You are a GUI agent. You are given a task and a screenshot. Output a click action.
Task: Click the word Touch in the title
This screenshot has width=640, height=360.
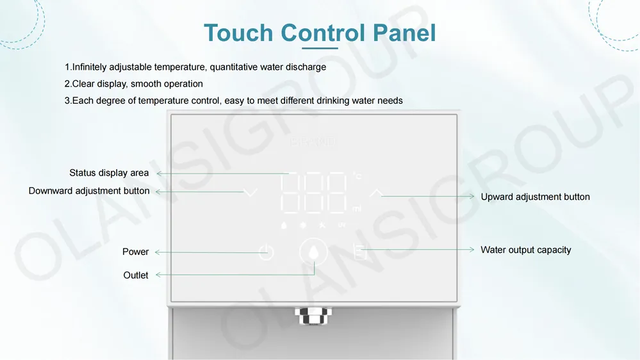coord(238,33)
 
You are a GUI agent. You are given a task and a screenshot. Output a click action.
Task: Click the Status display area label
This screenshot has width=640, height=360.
coord(109,173)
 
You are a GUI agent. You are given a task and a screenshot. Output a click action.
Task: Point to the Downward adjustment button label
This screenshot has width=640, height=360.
coord(89,191)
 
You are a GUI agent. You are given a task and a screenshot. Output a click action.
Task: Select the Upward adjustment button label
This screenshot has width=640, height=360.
coord(535,197)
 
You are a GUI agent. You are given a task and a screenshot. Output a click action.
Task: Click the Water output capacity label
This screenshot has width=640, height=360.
coord(525,250)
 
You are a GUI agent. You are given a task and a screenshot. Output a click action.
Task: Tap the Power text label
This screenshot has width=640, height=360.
coord(135,252)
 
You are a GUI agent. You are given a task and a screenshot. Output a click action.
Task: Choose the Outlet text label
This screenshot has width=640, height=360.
coord(135,275)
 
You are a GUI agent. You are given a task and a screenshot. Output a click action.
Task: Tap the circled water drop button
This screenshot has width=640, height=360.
coord(313,252)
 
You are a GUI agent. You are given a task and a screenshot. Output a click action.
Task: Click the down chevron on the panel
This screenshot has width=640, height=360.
coord(250,192)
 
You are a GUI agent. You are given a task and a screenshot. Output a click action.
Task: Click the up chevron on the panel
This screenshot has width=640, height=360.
coord(376,192)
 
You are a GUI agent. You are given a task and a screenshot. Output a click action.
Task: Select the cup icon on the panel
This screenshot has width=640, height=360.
coord(359,252)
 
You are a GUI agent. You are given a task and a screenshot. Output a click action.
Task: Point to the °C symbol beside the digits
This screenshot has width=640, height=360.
coord(357,176)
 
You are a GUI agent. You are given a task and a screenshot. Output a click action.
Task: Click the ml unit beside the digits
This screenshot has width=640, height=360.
coord(357,209)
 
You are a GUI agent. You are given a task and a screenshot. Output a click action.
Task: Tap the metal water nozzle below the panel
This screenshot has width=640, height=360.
coord(313,315)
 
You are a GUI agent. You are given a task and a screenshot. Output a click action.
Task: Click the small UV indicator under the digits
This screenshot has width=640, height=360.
coord(341,225)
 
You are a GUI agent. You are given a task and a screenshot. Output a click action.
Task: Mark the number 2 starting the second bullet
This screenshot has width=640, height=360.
coord(67,84)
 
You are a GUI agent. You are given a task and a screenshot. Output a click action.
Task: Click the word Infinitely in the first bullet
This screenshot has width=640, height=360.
coord(92,67)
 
